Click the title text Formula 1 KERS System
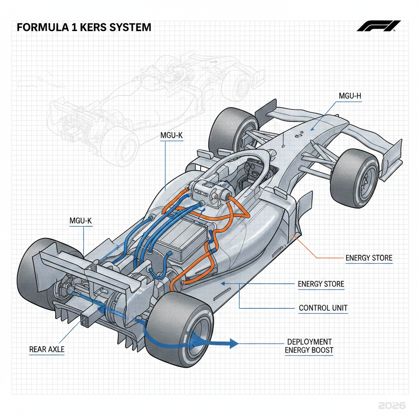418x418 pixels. coord(84,28)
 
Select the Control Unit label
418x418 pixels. coord(323,308)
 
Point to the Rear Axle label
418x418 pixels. coord(47,349)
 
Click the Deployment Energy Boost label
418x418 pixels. coord(309,346)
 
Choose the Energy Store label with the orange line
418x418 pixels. coord(368,258)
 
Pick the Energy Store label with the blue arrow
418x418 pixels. coord(321,284)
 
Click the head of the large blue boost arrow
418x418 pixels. coord(233,343)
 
